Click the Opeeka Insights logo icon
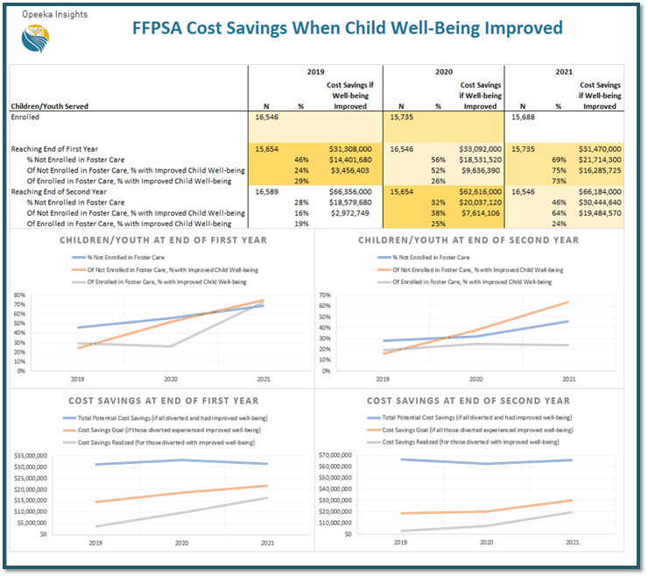coord(35,38)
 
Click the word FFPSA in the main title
coord(161,28)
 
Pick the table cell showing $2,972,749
coord(350,212)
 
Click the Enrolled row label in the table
coord(25,117)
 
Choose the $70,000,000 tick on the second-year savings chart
coord(337,455)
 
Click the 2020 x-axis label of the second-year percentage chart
coord(475,379)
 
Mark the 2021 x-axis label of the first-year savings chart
coord(264,543)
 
